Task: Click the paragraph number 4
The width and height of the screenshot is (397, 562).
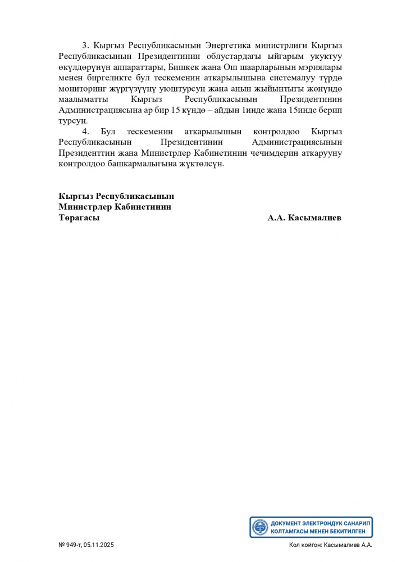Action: [x=85, y=132]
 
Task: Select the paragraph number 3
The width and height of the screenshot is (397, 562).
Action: [x=85, y=45]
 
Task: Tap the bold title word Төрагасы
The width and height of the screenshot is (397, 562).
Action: [x=79, y=218]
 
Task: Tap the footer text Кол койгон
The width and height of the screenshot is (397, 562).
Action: [x=304, y=545]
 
